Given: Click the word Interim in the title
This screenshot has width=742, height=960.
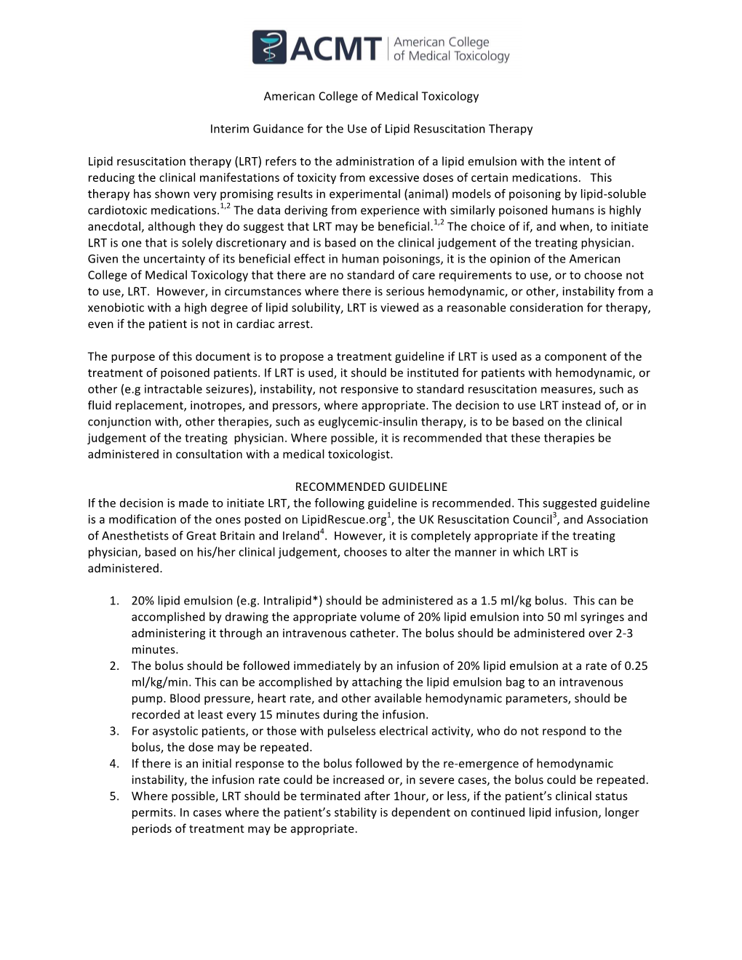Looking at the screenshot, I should tap(228, 129).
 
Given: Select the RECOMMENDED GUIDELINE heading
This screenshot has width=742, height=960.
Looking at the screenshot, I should tap(371, 487).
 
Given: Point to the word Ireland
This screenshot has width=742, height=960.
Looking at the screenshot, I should tap(300, 536).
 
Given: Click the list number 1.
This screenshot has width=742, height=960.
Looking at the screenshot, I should tap(114, 601).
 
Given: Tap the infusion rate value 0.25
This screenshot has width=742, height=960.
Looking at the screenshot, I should tap(636, 665).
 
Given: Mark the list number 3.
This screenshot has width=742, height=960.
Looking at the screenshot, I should tap(114, 731).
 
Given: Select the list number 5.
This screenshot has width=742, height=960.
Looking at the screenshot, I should tap(114, 796).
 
